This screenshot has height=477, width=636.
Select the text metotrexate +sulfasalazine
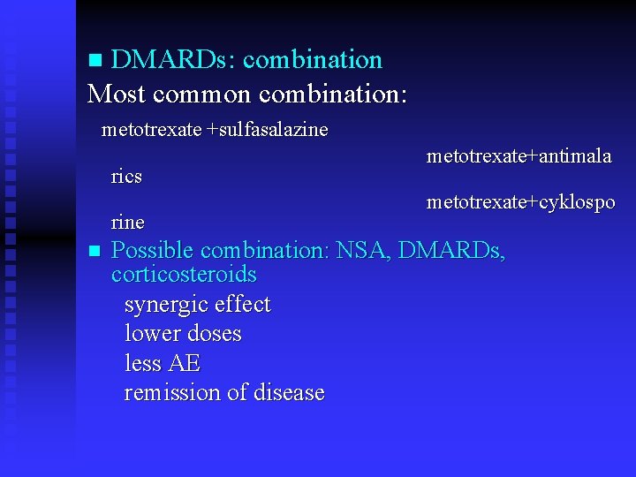pyautogui.click(x=215, y=130)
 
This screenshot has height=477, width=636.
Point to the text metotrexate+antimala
pyautogui.click(x=519, y=156)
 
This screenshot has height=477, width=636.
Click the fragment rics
pyautogui.click(x=126, y=176)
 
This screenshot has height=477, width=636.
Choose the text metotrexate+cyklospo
pyautogui.click(x=520, y=202)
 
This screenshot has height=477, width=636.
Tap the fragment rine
pyautogui.click(x=128, y=221)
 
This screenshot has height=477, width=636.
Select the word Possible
pyautogui.click(x=153, y=251)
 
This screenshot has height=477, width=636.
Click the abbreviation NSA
pyautogui.click(x=362, y=251)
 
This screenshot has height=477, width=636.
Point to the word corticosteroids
pyautogui.click(x=184, y=275)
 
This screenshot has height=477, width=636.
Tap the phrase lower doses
pyautogui.click(x=183, y=334)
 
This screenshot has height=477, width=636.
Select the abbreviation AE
pyautogui.click(x=186, y=363)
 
